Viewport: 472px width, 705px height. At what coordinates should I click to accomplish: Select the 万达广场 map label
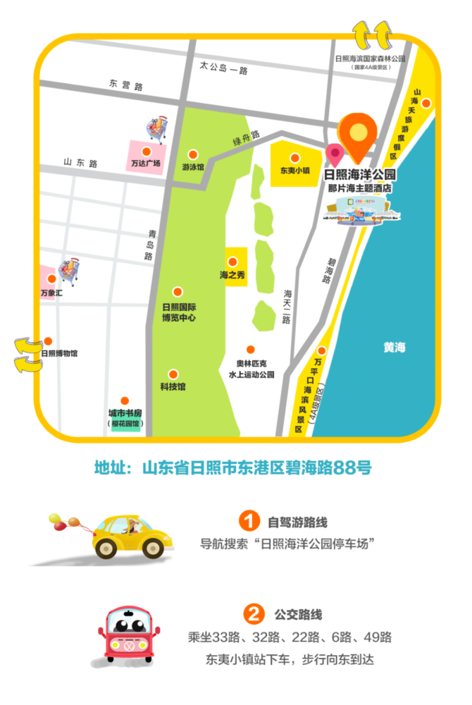(x=146, y=164)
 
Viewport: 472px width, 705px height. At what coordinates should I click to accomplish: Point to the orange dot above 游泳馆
(x=193, y=153)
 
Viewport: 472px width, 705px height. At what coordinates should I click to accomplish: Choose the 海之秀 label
(x=232, y=274)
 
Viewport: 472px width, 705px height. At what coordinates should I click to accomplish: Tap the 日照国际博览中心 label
(x=178, y=312)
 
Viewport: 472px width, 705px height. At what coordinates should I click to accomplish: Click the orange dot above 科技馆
(x=173, y=374)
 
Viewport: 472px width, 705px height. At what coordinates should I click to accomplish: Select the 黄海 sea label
(x=395, y=347)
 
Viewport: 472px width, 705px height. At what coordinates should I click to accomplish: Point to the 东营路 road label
(x=126, y=86)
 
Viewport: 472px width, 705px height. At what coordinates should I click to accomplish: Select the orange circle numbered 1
(x=247, y=522)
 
